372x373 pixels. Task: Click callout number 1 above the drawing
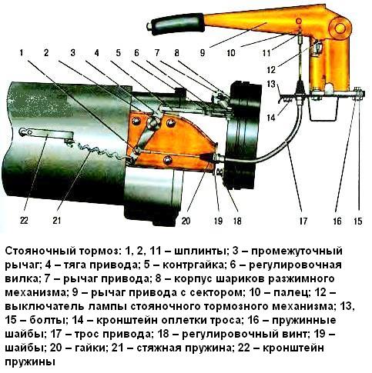[x=23, y=52]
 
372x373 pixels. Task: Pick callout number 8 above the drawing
[x=176, y=52]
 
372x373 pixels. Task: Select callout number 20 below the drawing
[x=186, y=224]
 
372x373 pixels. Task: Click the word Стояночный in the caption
[x=41, y=251]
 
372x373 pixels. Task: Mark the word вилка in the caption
[x=22, y=279]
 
